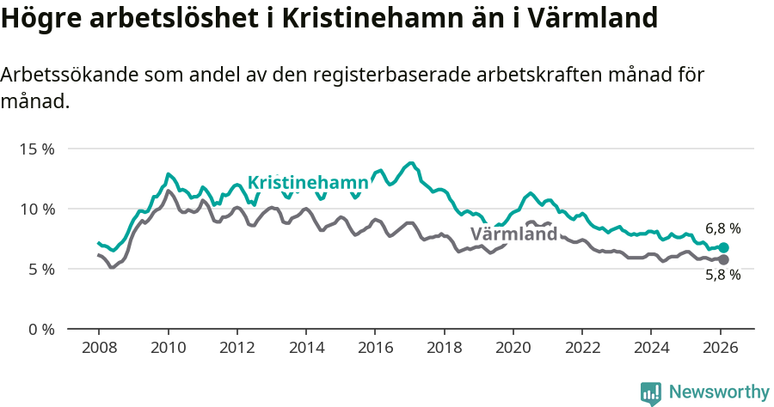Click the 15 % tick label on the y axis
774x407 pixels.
click(36, 149)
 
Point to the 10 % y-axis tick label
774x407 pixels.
click(36, 209)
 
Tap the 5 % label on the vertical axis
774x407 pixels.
click(40, 269)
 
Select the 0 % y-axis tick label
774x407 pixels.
click(40, 329)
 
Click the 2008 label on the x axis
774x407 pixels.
click(99, 349)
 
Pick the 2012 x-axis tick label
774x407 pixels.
click(237, 349)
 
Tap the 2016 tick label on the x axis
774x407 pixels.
click(375, 349)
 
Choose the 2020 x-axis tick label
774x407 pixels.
click(513, 349)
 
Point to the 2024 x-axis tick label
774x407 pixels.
click(651, 349)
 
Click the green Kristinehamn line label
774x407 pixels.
click(308, 183)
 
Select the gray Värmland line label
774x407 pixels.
click(513, 234)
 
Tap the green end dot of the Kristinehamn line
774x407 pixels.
click(723, 247)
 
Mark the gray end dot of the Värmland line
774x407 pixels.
click(723, 259)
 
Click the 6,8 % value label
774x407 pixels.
click(722, 229)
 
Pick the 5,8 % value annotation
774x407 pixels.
click(722, 276)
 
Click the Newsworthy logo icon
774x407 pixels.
click(651, 393)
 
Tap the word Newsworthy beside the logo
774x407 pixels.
click(719, 392)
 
